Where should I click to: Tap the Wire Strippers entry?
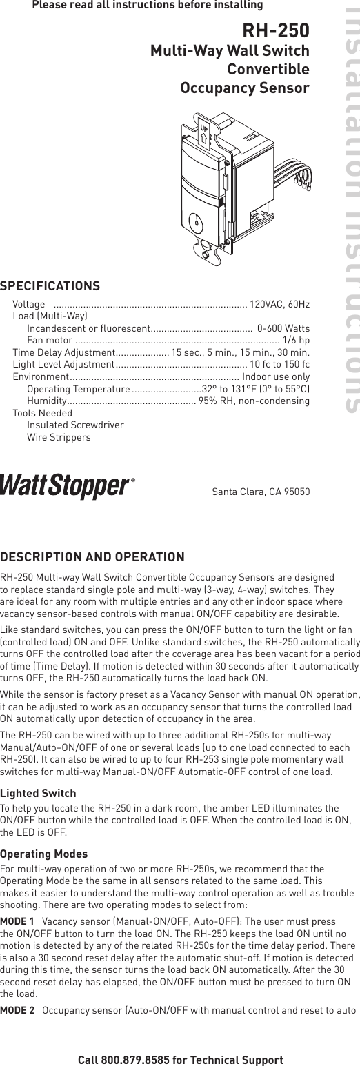59,437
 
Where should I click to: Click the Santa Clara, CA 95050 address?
261,492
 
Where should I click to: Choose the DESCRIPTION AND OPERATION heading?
92,556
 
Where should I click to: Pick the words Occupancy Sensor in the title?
244,88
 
